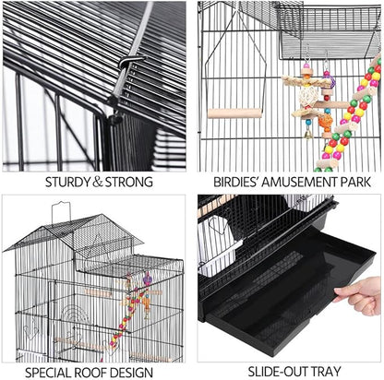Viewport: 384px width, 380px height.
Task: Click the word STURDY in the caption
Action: [x=65, y=182]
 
